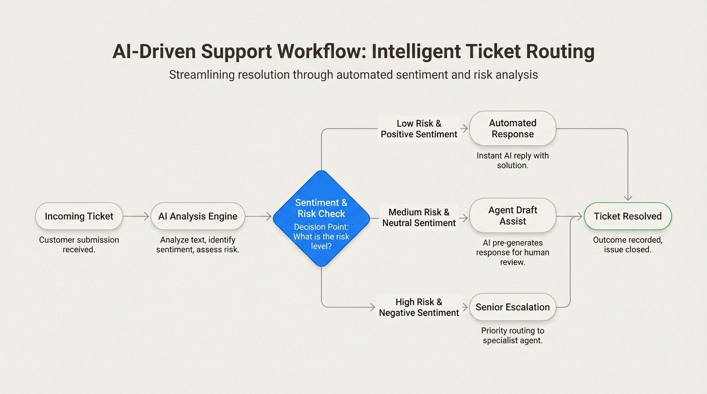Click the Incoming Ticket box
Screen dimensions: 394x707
coord(79,216)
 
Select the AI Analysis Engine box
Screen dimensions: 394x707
coord(197,216)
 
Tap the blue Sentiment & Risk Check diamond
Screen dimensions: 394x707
coord(321,218)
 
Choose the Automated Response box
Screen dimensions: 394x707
coord(512,128)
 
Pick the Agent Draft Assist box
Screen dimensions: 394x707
coord(512,215)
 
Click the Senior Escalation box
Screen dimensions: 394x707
coord(512,307)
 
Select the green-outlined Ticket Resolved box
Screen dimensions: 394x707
coord(627,216)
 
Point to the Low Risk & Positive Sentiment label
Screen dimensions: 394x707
coord(419,129)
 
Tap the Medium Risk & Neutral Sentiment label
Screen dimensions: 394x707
coord(419,218)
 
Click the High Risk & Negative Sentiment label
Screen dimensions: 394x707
coord(419,307)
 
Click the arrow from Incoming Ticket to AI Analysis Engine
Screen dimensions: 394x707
coord(136,216)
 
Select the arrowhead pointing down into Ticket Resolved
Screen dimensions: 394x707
coord(628,198)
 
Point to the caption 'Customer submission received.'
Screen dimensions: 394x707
coord(79,245)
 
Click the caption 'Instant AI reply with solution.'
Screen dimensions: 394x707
coord(512,160)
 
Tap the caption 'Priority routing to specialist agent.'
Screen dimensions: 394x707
coord(512,336)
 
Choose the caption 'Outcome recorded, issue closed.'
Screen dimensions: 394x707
coord(627,245)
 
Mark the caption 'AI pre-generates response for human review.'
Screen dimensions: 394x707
coord(512,252)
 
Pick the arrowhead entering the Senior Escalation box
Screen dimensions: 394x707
coord(466,307)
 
